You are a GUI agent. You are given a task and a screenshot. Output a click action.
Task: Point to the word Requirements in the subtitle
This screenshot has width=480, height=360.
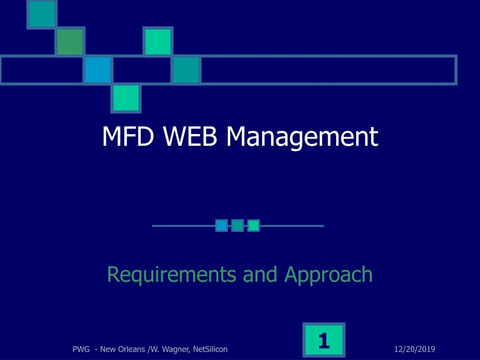click(x=172, y=274)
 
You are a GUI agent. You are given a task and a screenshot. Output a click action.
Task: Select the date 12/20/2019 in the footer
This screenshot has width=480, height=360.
click(x=415, y=349)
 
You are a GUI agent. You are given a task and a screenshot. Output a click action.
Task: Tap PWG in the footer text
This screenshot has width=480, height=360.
click(x=82, y=349)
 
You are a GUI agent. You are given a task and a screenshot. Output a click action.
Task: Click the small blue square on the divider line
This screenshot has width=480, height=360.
click(x=222, y=226)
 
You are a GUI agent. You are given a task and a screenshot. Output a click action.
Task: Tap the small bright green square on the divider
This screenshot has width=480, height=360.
click(x=254, y=226)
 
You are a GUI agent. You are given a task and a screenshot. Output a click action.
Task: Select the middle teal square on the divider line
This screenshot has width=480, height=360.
click(x=238, y=226)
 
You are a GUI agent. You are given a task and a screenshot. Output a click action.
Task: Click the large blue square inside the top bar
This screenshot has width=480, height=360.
click(x=98, y=70)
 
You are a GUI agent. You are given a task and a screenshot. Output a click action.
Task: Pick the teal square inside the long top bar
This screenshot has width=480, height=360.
click(x=186, y=70)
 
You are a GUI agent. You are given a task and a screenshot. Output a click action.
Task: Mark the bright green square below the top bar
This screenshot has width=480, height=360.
click(x=126, y=98)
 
